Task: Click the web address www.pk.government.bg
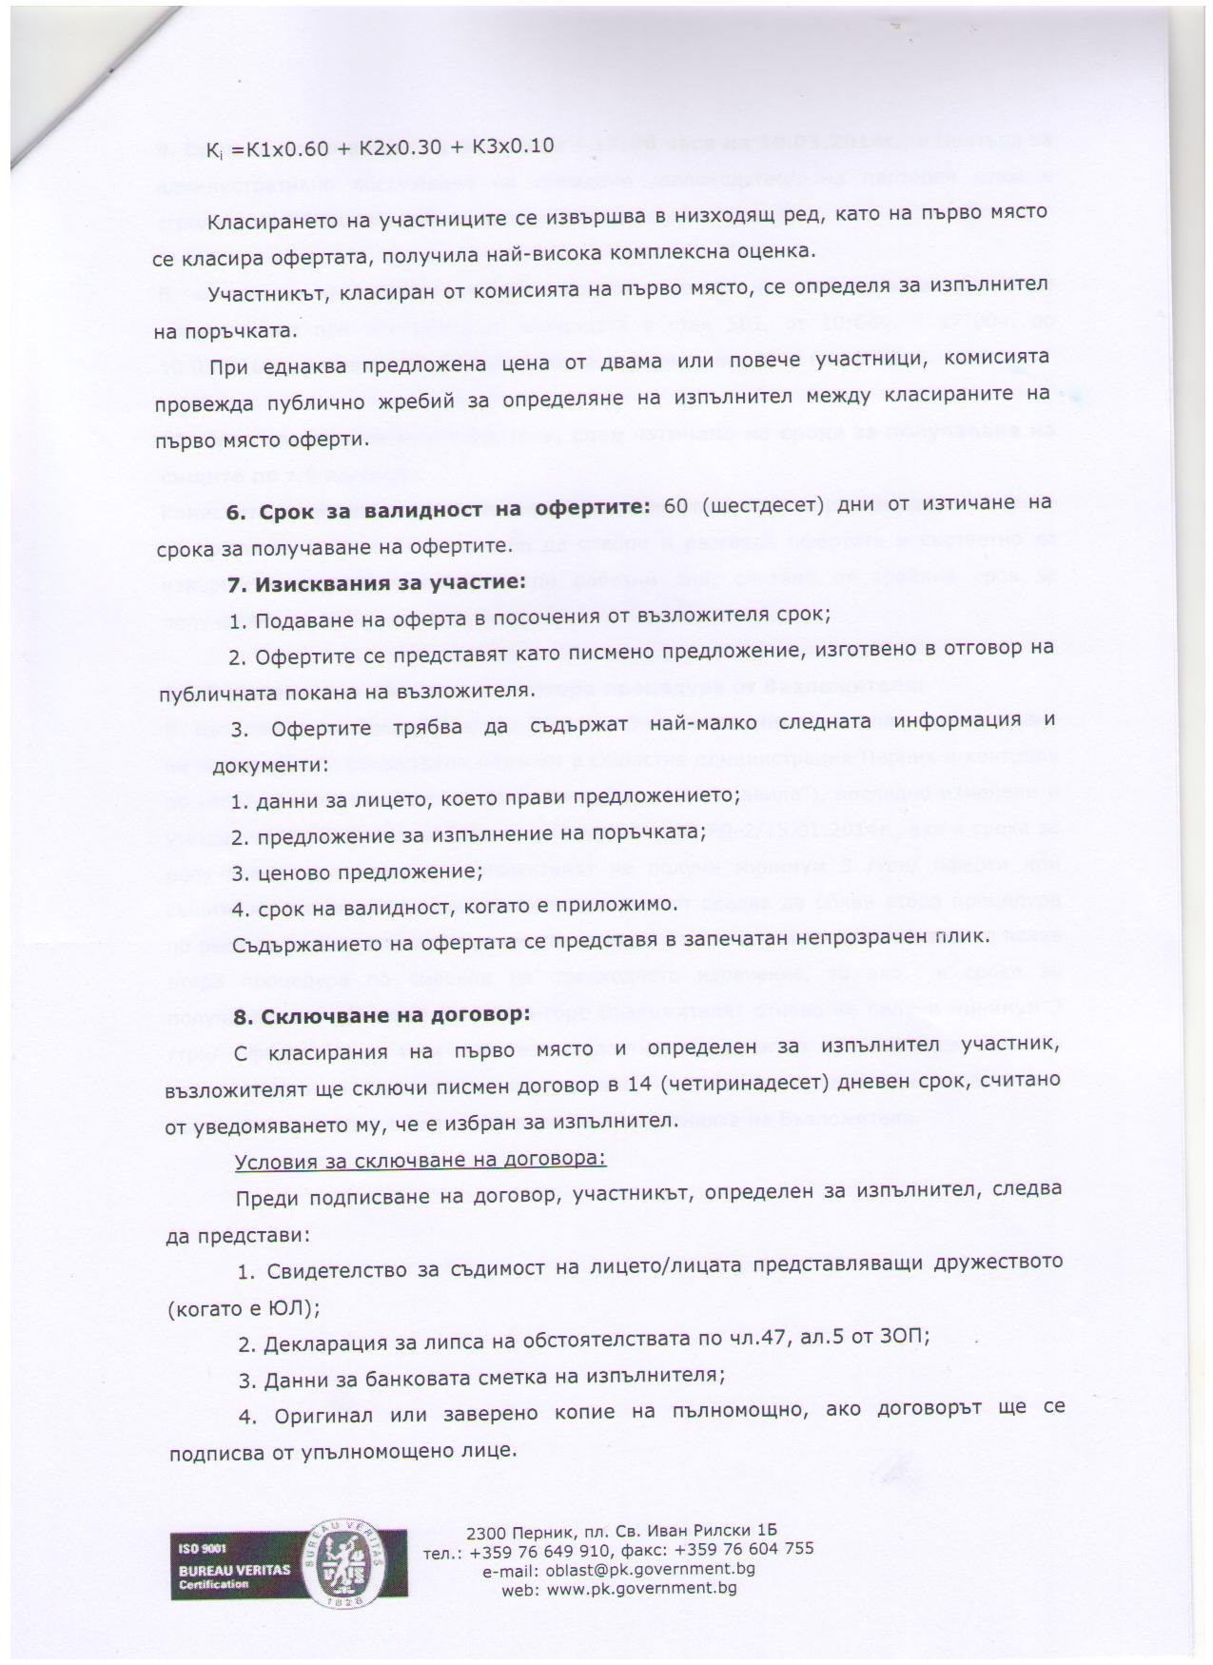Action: pos(645,1587)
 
